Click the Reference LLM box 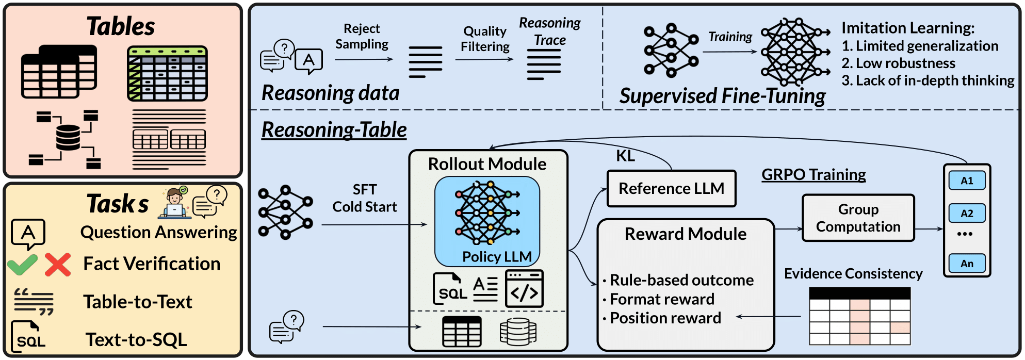pyautogui.click(x=671, y=189)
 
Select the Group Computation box pyautogui.click(x=858, y=218)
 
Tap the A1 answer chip pyautogui.click(x=967, y=181)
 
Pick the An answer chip pyautogui.click(x=967, y=264)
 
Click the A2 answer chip pyautogui.click(x=967, y=213)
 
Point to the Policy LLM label pyautogui.click(x=497, y=256)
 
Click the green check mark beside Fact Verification pyautogui.click(x=23, y=264)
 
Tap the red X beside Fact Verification pyautogui.click(x=57, y=264)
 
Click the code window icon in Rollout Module pyautogui.click(x=524, y=289)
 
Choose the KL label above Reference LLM pyautogui.click(x=625, y=156)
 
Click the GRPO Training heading pyautogui.click(x=814, y=175)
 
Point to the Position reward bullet pyautogui.click(x=665, y=318)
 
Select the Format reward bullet pyautogui.click(x=662, y=299)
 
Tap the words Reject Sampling pyautogui.click(x=362, y=36)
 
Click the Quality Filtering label pyautogui.click(x=485, y=39)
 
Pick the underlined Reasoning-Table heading pyautogui.click(x=334, y=129)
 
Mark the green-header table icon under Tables pyautogui.click(x=167, y=73)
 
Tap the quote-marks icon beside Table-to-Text pyautogui.click(x=34, y=301)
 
